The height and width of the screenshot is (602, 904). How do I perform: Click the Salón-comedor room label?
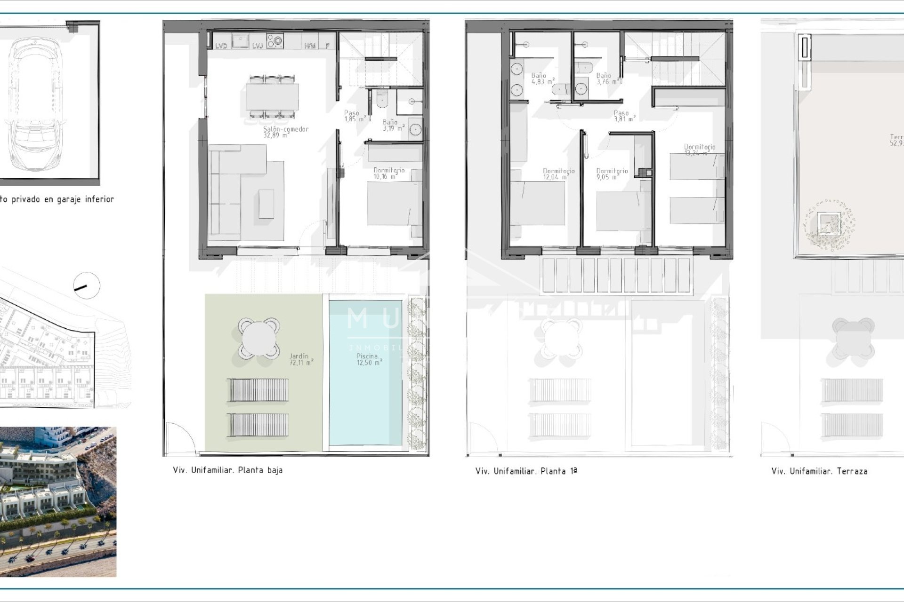(286, 132)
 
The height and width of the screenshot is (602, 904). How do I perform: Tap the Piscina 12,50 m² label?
(369, 359)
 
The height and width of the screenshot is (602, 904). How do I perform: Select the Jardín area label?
(301, 359)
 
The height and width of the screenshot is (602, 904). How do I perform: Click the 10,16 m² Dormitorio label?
(389, 173)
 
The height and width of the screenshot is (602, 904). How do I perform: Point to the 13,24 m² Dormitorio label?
(699, 150)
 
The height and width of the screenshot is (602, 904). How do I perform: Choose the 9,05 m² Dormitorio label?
(612, 174)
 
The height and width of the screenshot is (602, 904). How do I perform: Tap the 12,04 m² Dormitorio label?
(558, 174)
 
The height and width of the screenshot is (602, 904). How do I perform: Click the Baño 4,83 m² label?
(542, 78)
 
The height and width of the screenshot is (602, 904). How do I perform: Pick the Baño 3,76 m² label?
(607, 78)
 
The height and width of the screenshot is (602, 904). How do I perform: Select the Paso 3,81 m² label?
(624, 116)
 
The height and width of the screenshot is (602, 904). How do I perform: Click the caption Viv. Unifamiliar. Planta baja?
(227, 470)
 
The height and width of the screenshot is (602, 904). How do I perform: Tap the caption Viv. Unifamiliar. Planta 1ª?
(526, 471)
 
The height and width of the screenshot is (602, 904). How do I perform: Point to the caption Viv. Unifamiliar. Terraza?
(819, 471)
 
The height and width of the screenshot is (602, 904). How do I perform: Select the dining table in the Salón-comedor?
(272, 96)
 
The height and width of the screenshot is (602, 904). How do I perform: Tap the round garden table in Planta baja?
(258, 338)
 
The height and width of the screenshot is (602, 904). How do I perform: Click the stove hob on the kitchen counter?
(275, 40)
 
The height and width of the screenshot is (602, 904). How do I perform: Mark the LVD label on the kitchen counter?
(221, 46)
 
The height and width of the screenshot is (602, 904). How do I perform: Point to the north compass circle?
(87, 286)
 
